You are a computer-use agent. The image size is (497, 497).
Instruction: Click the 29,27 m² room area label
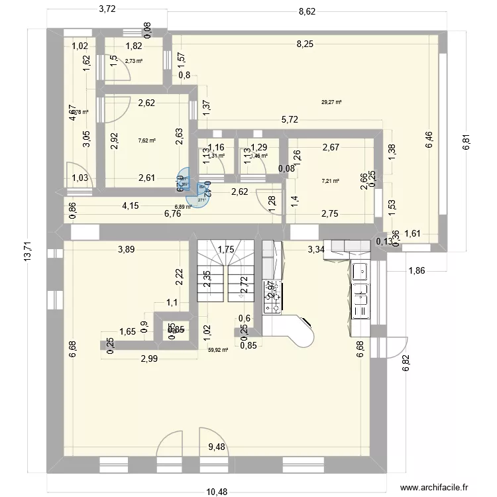pyautogui.click(x=331, y=102)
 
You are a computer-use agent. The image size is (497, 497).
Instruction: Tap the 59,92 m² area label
pyautogui.click(x=217, y=351)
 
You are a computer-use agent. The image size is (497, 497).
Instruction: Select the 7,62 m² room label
pyautogui.click(x=146, y=140)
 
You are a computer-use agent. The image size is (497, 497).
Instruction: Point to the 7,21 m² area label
pyautogui.click(x=330, y=180)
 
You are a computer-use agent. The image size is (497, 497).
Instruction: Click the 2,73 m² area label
pyautogui.click(x=134, y=60)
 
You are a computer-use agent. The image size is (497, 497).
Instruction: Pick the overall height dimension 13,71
pyautogui.click(x=27, y=252)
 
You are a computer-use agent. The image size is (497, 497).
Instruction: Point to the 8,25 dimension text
pyautogui.click(x=306, y=44)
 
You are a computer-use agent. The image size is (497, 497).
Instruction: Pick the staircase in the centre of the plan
pyautogui.click(x=225, y=272)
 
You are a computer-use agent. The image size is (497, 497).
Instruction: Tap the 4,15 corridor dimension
pyautogui.click(x=130, y=205)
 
